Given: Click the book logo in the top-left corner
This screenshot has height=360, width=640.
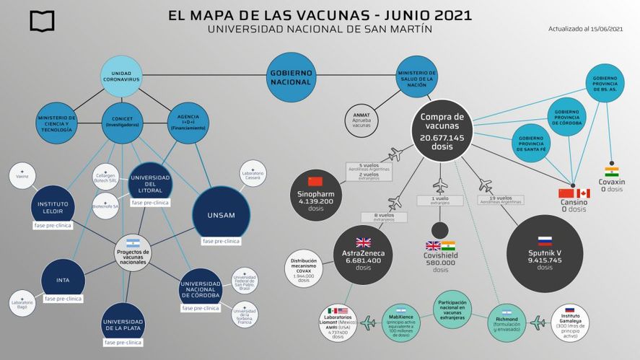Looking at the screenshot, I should (x=42, y=21).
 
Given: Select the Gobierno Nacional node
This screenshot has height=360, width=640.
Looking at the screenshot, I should (x=291, y=77).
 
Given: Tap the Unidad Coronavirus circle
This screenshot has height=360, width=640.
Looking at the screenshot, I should (x=120, y=78).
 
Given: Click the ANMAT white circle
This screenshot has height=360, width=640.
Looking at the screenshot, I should (x=361, y=120).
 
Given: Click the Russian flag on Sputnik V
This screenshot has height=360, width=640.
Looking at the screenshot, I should (x=544, y=241).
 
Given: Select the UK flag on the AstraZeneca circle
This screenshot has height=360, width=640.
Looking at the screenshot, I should (x=362, y=242).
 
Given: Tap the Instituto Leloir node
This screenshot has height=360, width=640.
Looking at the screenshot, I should (x=53, y=207).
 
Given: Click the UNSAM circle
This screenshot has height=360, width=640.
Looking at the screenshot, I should (x=222, y=215).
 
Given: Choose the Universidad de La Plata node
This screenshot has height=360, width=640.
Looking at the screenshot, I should (x=122, y=325).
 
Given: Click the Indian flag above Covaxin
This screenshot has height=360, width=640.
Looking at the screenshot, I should (x=612, y=172).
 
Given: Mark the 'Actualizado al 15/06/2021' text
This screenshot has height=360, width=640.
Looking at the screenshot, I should (x=587, y=29).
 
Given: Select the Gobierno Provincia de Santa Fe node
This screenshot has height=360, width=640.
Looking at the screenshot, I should (x=531, y=143).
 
